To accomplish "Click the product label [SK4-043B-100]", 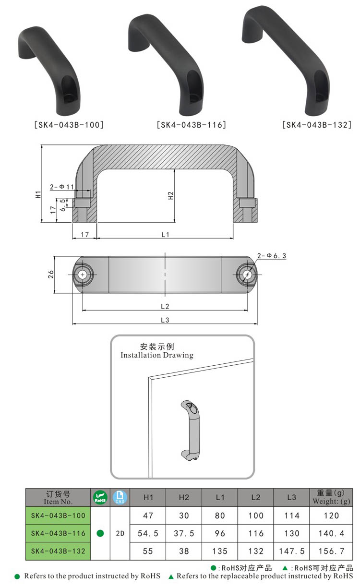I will pos(69,125).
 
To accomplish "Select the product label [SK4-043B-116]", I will pos(192,125).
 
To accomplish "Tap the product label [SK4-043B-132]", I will pos(317,125).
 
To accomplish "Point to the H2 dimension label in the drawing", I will pos(170,196).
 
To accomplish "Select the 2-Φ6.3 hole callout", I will pos(272,256).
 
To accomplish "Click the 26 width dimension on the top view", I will pos(51,275).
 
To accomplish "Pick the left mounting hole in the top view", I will pos(84,275).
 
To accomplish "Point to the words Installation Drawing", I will pos(156,356).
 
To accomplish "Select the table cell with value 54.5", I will pos(148,533).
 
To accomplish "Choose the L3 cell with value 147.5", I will pos(292,551).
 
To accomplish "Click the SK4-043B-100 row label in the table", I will pos(58,515).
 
